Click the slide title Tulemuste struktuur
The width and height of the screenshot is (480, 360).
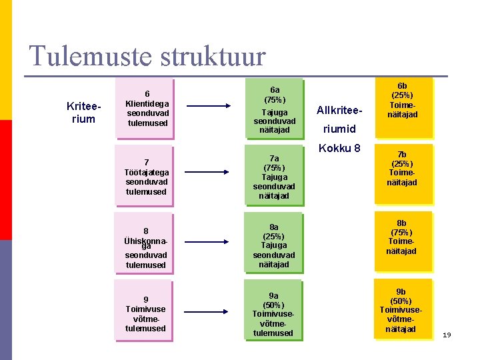[x=147, y=56]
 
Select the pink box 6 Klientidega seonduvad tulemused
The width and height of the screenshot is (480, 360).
[x=147, y=108]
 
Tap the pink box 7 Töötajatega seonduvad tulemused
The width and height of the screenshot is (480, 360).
[x=146, y=176]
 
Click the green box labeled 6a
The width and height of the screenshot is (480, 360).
[x=275, y=108]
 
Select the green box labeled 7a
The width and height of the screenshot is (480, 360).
[x=274, y=176]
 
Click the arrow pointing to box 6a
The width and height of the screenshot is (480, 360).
[x=209, y=105]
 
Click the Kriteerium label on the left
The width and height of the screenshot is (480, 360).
[x=81, y=113]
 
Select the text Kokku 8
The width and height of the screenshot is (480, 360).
[x=340, y=147]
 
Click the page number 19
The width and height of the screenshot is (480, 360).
[x=447, y=334]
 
